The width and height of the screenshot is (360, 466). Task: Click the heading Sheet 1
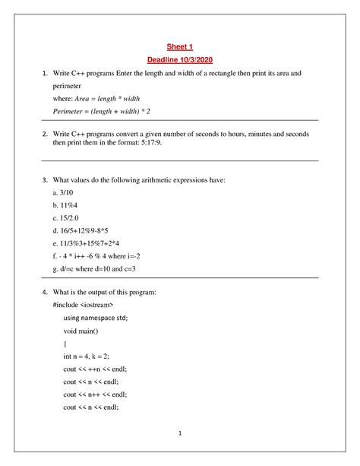(180, 46)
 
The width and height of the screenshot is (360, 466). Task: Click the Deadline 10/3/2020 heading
(180, 60)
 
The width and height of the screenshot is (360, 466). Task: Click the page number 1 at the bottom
(179, 434)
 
